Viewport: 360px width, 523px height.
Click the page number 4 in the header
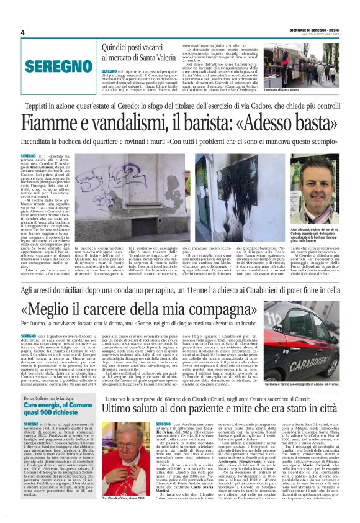tap(22, 32)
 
